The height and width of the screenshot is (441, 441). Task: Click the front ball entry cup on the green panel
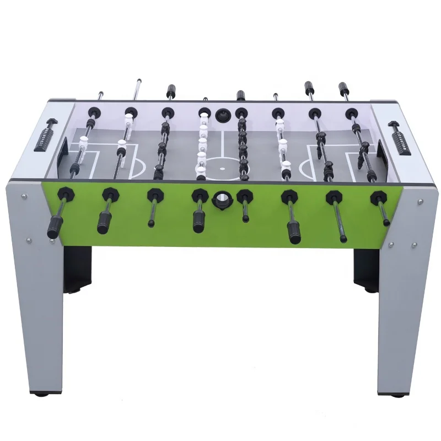pos(221,198)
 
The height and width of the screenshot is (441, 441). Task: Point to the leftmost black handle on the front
pos(53,228)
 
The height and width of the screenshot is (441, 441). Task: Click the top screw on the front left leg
pos(24,195)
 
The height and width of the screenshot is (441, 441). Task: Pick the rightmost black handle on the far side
pos(343,88)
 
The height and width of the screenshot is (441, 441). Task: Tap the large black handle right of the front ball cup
pos(292,232)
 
